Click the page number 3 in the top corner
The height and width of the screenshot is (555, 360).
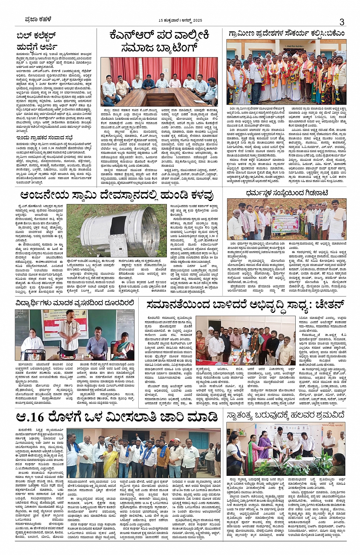click(x=342, y=22)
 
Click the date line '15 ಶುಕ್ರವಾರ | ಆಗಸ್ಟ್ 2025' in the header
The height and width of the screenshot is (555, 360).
click(x=181, y=20)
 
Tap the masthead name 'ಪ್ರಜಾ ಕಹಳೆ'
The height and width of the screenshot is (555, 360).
click(x=33, y=20)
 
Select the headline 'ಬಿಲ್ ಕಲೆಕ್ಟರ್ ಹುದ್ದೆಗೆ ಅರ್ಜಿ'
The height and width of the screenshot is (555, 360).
click(x=37, y=41)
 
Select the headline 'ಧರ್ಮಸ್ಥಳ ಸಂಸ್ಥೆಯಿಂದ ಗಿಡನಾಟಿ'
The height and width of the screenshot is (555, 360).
click(x=286, y=193)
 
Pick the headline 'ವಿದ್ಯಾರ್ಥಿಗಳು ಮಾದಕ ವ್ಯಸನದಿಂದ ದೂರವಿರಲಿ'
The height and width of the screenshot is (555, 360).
click(x=75, y=303)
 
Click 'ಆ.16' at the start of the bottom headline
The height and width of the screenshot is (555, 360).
click(x=31, y=416)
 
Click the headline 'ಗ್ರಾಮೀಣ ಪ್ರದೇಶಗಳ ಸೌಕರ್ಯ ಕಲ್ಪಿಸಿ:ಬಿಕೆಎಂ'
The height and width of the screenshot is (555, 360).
click(x=286, y=33)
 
